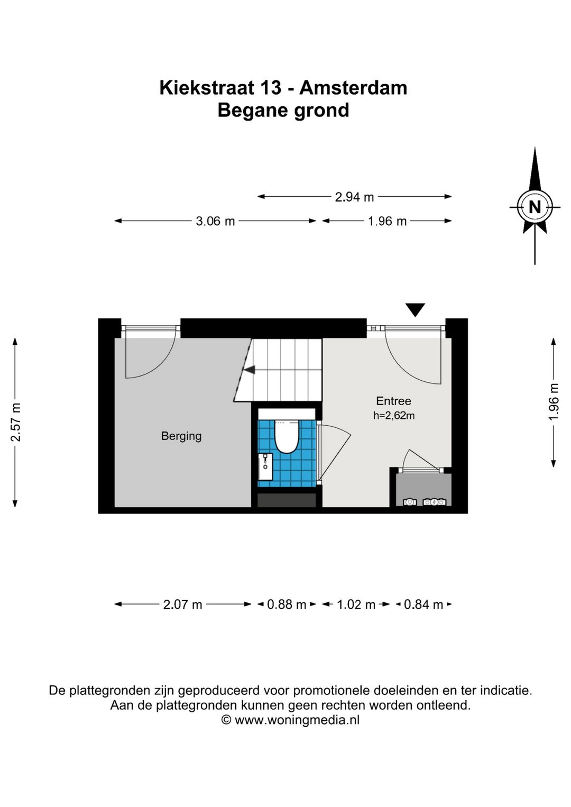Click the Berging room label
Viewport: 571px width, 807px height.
(181, 436)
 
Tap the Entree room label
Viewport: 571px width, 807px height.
(393, 401)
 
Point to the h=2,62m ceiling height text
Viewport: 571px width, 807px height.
(394, 416)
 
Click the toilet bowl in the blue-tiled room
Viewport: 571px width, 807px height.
(287, 436)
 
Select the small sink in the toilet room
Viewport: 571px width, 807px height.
(265, 466)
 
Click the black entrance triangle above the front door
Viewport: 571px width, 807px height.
(415, 310)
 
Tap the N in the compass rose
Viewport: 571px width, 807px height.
(535, 207)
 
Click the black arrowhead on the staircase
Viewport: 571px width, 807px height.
(250, 370)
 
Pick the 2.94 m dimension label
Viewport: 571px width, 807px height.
(354, 197)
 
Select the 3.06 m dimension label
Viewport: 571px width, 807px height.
(215, 221)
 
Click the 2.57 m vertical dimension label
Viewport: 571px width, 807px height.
(15, 422)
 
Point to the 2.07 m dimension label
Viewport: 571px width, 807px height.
(182, 604)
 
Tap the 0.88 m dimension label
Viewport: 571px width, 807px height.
(287, 604)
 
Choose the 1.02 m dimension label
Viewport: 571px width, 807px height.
(356, 604)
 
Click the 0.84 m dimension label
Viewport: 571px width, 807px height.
(423, 604)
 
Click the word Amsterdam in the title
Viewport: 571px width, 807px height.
(353, 88)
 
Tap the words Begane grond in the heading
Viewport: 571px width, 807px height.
(283, 111)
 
